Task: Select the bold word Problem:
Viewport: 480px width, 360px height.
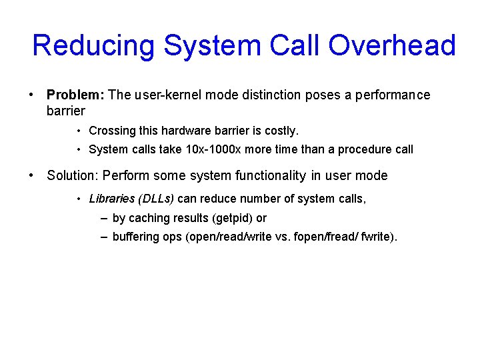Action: click(75, 95)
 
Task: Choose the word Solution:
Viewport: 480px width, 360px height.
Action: click(73, 176)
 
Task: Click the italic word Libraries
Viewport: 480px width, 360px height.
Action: click(111, 199)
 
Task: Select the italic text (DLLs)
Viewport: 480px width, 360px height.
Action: click(156, 199)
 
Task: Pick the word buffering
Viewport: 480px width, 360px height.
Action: click(136, 237)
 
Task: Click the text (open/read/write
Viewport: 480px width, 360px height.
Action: click(225, 237)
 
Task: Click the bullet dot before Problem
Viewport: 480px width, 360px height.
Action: click(32, 95)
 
